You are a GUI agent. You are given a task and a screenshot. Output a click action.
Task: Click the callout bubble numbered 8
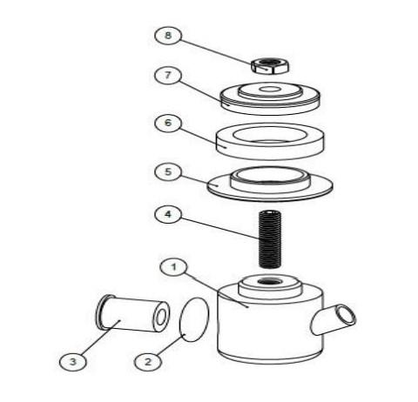[x=168, y=36]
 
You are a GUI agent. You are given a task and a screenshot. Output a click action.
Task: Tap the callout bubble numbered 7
[x=168, y=76]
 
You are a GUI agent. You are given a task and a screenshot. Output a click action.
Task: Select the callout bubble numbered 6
[x=168, y=123]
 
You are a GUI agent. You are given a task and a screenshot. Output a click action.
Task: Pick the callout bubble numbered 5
[x=168, y=171]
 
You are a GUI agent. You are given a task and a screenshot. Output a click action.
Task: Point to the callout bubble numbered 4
[x=168, y=215]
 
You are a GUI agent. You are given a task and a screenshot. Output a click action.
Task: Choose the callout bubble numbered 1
[x=174, y=267]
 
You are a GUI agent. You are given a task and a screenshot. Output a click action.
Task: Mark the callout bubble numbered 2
[x=148, y=362]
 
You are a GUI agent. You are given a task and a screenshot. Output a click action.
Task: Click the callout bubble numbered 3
[x=73, y=362]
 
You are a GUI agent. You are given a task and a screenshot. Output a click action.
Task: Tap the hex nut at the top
[x=270, y=66]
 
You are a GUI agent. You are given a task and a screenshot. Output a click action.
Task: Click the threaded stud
[x=270, y=239]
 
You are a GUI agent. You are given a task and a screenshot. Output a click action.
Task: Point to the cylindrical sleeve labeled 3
[x=132, y=313]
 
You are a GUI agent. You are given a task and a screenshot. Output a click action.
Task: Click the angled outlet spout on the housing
[x=334, y=320]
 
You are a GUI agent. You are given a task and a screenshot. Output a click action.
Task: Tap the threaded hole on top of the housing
[x=270, y=281]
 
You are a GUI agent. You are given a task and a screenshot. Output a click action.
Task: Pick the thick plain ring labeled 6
[x=270, y=141]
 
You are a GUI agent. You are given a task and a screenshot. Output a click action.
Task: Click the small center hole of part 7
[x=270, y=89]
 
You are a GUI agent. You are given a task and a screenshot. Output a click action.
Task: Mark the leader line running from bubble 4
[x=219, y=228]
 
